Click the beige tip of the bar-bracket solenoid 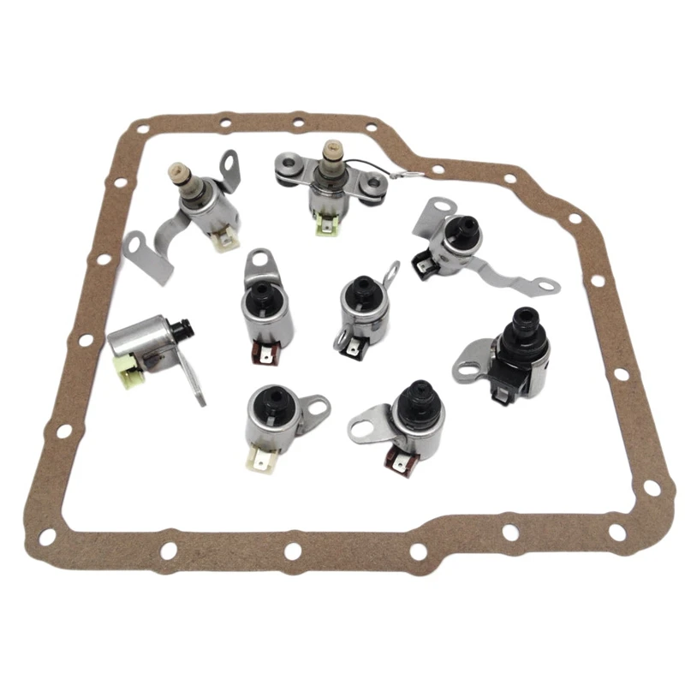(x=329, y=154)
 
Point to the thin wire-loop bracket (x=390, y=277)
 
